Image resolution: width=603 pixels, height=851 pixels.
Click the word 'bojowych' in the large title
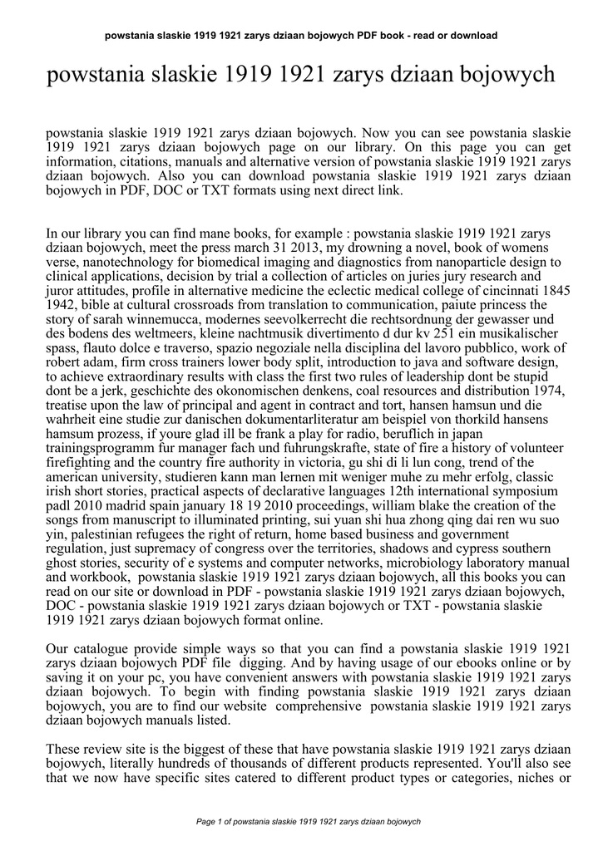click(508, 76)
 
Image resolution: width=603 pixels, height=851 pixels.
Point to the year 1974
click(550, 390)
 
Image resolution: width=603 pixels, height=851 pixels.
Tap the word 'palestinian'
click(92, 533)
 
